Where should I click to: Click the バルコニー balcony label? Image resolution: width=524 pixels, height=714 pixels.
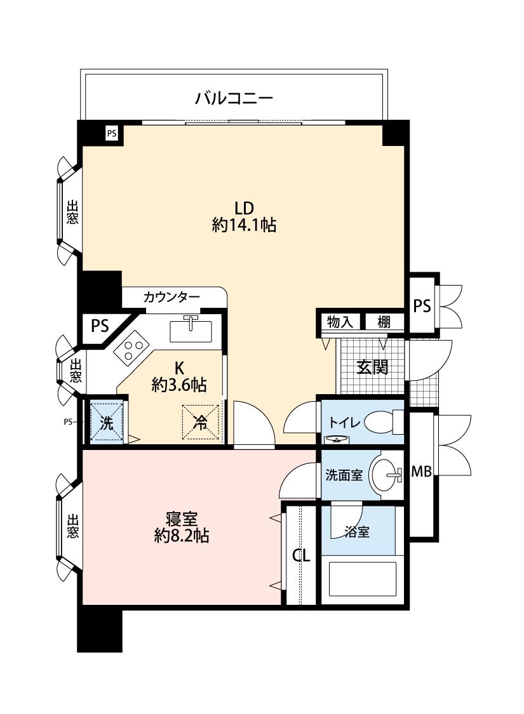click(234, 98)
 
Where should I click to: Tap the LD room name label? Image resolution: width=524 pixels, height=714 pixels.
click(244, 208)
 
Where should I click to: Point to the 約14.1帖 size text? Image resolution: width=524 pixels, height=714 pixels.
click(244, 225)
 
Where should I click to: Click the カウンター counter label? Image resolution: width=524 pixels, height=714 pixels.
click(171, 298)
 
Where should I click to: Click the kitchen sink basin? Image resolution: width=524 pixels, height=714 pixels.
click(191, 331)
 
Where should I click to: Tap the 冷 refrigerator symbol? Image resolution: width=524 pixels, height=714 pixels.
click(201, 423)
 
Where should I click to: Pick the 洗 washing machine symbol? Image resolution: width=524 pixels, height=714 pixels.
click(107, 422)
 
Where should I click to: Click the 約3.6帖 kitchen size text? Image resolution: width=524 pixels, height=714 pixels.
click(179, 385)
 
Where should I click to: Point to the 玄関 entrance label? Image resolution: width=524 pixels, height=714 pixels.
click(372, 367)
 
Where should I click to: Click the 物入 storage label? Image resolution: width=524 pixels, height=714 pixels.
click(340, 322)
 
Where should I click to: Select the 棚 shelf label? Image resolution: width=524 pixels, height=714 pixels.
click(384, 322)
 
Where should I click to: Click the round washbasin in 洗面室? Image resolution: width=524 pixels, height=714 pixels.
click(386, 475)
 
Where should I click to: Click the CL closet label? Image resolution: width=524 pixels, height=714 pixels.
click(300, 555)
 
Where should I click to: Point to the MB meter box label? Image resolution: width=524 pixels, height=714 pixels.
click(422, 472)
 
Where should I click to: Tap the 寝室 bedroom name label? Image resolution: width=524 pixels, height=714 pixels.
click(182, 519)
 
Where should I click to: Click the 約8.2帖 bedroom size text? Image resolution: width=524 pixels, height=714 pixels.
click(182, 536)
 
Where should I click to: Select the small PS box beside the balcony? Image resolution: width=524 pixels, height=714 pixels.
click(112, 134)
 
